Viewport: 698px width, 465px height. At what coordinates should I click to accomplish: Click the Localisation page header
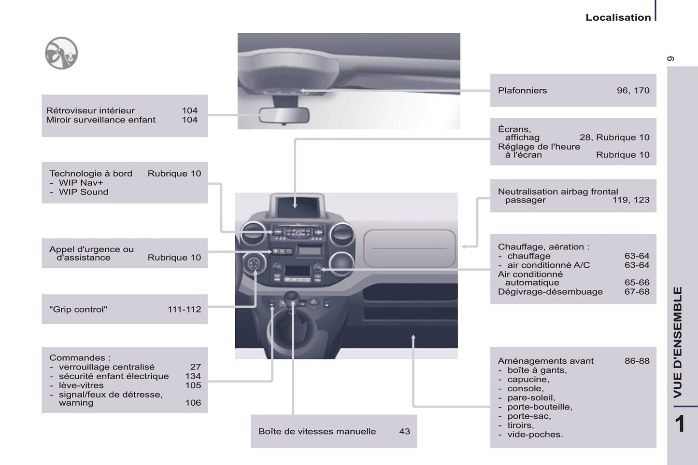(x=618, y=17)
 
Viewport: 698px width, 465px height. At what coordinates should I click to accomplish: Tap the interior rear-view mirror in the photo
(x=284, y=115)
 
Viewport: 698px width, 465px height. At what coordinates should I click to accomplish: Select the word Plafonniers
(x=522, y=90)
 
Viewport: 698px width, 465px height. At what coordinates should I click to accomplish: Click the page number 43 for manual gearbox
(x=404, y=431)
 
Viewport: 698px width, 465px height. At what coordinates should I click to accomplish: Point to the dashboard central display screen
(x=297, y=206)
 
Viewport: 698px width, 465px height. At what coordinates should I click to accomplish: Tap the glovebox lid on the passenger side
(x=409, y=248)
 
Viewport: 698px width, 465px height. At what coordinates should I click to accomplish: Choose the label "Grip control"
(x=78, y=309)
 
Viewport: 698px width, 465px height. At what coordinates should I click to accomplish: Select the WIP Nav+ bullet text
(x=81, y=182)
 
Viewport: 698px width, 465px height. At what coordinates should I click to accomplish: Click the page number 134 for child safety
(x=193, y=376)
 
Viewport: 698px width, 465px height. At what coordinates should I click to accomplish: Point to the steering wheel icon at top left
(x=61, y=53)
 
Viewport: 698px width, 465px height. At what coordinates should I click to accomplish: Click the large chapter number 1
(x=680, y=424)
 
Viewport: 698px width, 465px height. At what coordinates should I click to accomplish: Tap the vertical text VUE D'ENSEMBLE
(x=678, y=342)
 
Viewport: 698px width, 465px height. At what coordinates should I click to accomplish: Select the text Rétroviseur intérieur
(x=90, y=110)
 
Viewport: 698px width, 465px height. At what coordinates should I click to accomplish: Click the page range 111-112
(x=184, y=309)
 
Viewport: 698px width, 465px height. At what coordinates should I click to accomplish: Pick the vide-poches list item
(x=535, y=434)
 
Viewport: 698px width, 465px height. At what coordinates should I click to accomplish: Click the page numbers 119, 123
(x=631, y=200)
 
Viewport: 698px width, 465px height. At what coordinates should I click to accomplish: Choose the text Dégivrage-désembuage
(x=550, y=291)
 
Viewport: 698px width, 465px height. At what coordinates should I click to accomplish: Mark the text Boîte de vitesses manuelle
(x=317, y=431)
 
